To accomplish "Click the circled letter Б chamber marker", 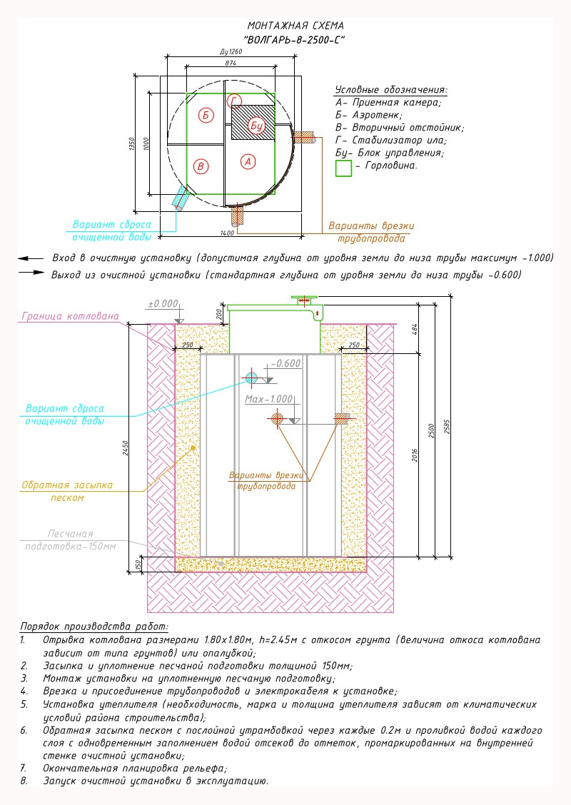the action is pyautogui.click(x=206, y=115).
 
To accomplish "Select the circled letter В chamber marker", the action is pyautogui.click(x=201, y=166).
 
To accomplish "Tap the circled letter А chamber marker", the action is pyautogui.click(x=248, y=162).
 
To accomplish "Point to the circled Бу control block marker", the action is pyautogui.click(x=256, y=126).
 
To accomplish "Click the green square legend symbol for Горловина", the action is pyautogui.click(x=343, y=168).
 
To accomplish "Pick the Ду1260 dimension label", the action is pyautogui.click(x=231, y=51).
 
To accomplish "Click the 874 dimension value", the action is pyautogui.click(x=231, y=63).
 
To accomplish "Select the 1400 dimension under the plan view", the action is pyautogui.click(x=227, y=233).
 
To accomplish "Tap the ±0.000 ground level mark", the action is pyautogui.click(x=163, y=304).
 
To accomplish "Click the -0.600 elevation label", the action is pyautogui.click(x=285, y=363).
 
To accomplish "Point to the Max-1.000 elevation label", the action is pyautogui.click(x=268, y=399).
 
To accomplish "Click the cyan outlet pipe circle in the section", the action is pyautogui.click(x=251, y=378).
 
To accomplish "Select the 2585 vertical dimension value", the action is pyautogui.click(x=447, y=427).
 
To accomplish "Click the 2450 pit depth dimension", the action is pyautogui.click(x=126, y=447).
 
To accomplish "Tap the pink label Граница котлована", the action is pyautogui.click(x=71, y=316).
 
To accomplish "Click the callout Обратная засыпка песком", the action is pyautogui.click(x=67, y=491).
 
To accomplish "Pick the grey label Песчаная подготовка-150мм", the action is pyautogui.click(x=71, y=540).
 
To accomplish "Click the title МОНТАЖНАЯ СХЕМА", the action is pyautogui.click(x=295, y=26).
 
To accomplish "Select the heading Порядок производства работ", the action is pyautogui.click(x=94, y=627).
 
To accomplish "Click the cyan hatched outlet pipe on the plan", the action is pyautogui.click(x=182, y=197).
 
